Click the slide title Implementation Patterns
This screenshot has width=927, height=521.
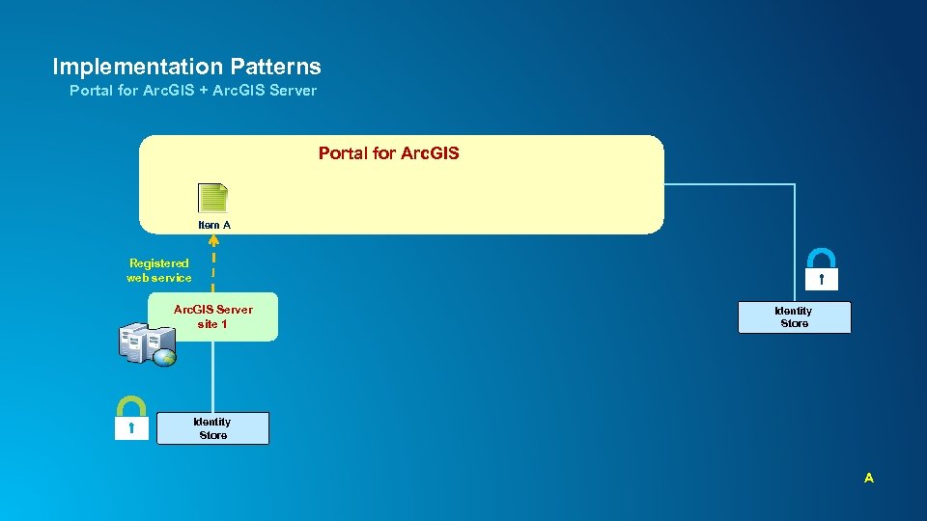(x=186, y=67)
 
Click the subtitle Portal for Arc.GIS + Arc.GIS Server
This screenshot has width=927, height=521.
(x=193, y=91)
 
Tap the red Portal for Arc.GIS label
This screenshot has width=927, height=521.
(x=388, y=153)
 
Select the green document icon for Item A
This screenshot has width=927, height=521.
(x=212, y=198)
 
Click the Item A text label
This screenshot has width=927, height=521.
(x=214, y=225)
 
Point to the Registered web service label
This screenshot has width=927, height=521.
(x=159, y=270)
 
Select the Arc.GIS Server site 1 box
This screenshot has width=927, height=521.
(x=212, y=316)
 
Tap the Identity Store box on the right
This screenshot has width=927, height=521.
(x=794, y=317)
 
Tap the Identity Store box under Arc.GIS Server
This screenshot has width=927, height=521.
(x=212, y=428)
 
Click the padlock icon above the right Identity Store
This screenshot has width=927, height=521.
(x=820, y=269)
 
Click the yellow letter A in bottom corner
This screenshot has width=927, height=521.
(x=869, y=478)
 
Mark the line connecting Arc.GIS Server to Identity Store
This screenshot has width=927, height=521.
(x=212, y=376)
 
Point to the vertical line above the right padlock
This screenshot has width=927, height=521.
(x=794, y=217)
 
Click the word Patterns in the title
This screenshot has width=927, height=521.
(x=275, y=67)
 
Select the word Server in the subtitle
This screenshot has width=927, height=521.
(x=293, y=91)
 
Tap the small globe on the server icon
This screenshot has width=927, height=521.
(x=164, y=357)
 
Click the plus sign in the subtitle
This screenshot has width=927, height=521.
(x=207, y=91)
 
